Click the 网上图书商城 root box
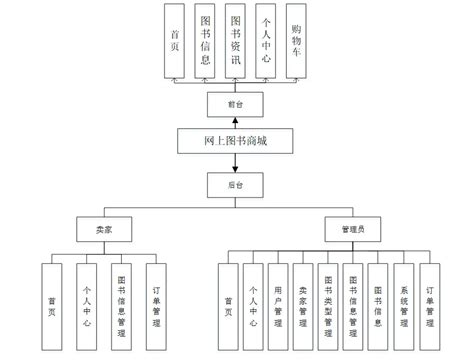tap(236, 142)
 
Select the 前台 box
tap(235, 102)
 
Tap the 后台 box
tap(235, 185)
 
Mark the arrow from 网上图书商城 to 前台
tap(235, 122)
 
